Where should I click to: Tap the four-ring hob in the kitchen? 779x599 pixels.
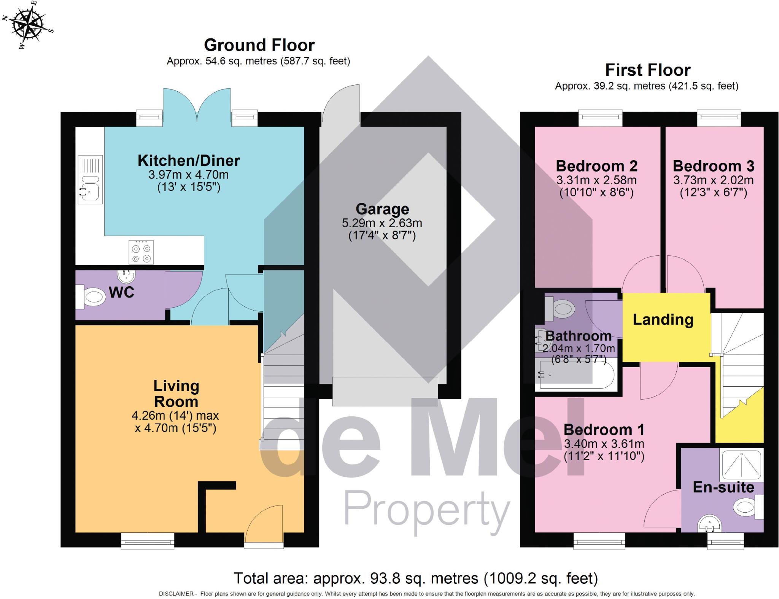coord(141,252)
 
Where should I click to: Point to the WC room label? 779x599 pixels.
coord(121,292)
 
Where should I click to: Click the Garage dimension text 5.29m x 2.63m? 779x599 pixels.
coord(382,223)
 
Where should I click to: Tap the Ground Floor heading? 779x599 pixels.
coord(259,45)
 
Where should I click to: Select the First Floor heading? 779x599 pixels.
coord(647,70)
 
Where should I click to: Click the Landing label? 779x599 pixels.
coord(663,320)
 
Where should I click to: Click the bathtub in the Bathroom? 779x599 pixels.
coord(576,375)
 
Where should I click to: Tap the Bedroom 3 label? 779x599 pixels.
coord(713,166)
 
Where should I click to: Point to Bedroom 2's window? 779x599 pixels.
coord(600,118)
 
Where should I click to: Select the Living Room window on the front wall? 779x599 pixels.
coord(148,540)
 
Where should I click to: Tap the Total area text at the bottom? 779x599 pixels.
coord(415,578)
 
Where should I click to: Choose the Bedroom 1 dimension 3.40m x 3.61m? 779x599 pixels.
coord(604,444)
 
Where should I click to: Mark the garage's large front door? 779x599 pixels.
coord(385,391)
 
